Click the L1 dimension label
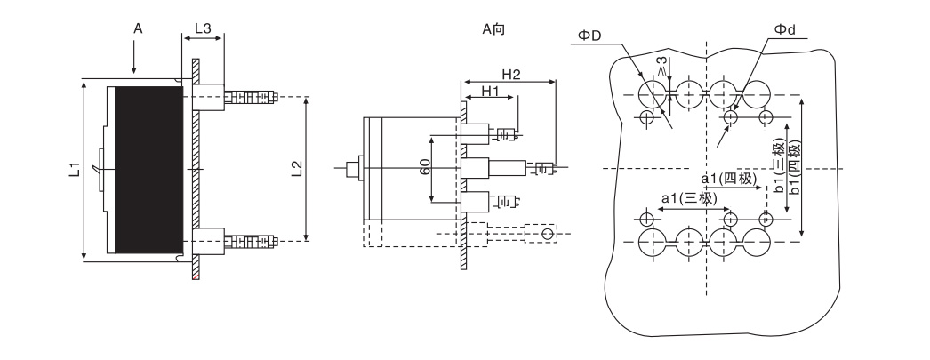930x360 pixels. pos(74,170)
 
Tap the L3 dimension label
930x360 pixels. pos(203,28)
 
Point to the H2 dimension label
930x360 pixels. pos(510,74)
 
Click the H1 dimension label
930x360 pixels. pos(490,91)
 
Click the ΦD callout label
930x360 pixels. pos(589,36)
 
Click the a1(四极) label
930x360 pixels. pos(729,179)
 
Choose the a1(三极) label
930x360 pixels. pos(688,198)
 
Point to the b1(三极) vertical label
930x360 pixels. pos(779,165)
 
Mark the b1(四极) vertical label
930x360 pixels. pos(795,165)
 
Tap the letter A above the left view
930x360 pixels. pos(138,28)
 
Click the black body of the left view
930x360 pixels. pos(148,170)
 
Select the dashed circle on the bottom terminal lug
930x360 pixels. pos(548,235)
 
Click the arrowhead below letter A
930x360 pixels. pos(134,70)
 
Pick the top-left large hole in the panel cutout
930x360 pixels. pos(653,94)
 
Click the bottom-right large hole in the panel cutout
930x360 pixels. pos(757,242)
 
